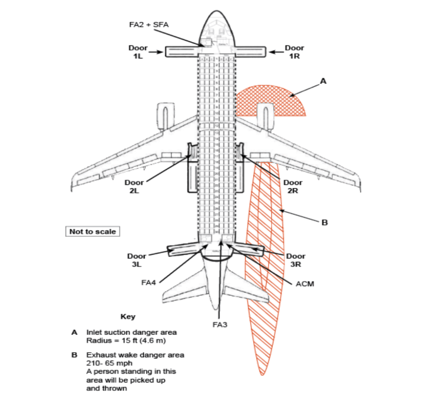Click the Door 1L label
click(x=138, y=52)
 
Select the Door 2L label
click(x=134, y=187)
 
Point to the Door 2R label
click(x=293, y=187)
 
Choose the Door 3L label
click(x=136, y=260)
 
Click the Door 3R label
click(x=296, y=260)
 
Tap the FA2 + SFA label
click(x=149, y=24)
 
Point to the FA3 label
click(x=220, y=325)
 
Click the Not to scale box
click(x=93, y=232)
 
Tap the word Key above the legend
click(x=128, y=317)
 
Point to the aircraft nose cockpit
click(x=217, y=30)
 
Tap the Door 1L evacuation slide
click(x=181, y=52)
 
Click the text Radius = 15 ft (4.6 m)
click(x=126, y=341)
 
